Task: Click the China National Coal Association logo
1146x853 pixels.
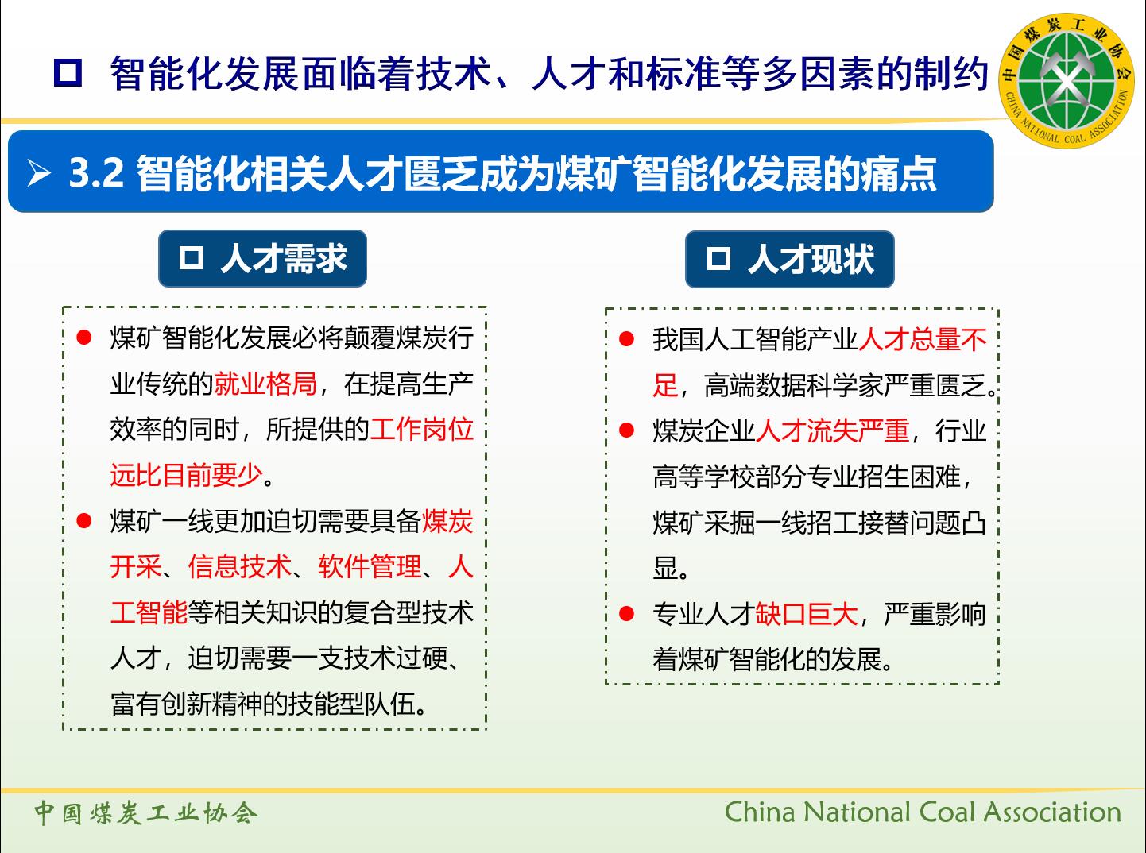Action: click(x=1067, y=80)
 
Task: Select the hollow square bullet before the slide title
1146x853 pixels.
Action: click(x=68, y=73)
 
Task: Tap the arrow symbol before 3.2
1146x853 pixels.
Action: click(x=39, y=172)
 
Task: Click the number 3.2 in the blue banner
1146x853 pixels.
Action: click(x=96, y=172)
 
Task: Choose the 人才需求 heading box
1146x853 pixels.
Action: click(x=262, y=258)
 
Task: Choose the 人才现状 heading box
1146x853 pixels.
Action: click(x=789, y=259)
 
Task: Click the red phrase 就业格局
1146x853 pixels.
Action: click(x=265, y=384)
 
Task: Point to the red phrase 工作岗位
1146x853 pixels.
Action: click(x=422, y=429)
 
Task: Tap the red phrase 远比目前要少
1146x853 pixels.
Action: click(x=187, y=474)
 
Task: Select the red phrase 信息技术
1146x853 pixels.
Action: click(x=240, y=566)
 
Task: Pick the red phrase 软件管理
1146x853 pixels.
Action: click(x=370, y=566)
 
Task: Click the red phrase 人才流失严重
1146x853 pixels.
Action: click(x=832, y=430)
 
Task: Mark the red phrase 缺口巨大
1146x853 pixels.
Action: click(x=807, y=614)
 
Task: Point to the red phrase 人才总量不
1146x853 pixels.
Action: click(x=922, y=340)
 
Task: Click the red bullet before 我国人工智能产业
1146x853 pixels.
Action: click(x=626, y=339)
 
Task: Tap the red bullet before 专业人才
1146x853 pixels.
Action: click(x=626, y=613)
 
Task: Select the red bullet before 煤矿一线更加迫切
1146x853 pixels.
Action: click(x=83, y=520)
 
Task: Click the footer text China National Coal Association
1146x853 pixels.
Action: click(x=923, y=812)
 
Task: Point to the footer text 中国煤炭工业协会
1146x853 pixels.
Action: click(x=146, y=812)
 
